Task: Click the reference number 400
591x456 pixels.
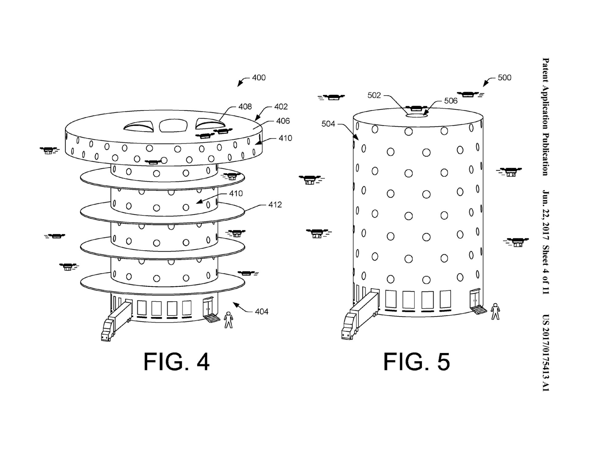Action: [259, 78]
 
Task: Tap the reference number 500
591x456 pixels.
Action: [504, 78]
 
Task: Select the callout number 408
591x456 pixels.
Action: [245, 107]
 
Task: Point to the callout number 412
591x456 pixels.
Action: [275, 205]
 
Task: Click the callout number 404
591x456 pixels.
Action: [261, 312]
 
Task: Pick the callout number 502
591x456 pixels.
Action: [374, 96]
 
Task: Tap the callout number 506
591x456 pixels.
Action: [451, 101]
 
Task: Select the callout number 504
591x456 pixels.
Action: [328, 124]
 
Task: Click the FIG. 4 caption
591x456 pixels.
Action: [176, 362]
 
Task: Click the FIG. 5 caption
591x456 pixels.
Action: [416, 362]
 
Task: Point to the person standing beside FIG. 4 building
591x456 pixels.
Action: [228, 320]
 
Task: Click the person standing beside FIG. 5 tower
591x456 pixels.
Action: [495, 311]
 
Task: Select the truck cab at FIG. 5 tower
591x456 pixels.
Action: [348, 331]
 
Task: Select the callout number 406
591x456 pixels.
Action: [283, 121]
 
